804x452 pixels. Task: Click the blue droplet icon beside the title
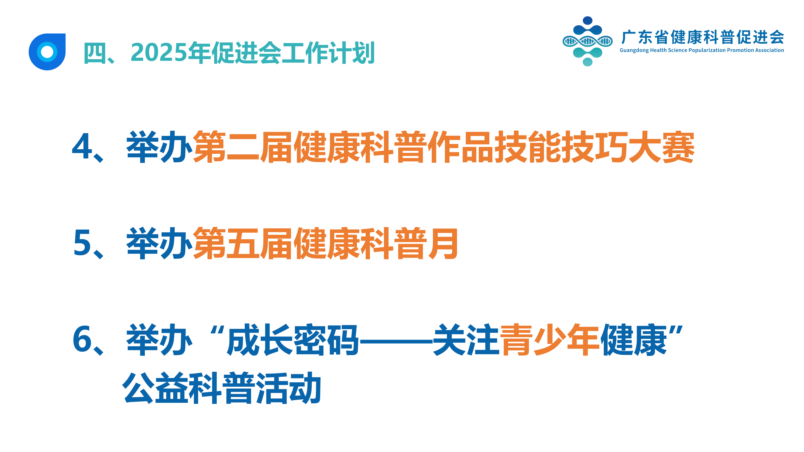[x=47, y=52]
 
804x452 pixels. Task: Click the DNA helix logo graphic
[x=587, y=41]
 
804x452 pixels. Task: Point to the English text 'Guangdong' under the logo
[x=634, y=50]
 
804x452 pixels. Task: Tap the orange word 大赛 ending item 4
[x=661, y=147]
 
